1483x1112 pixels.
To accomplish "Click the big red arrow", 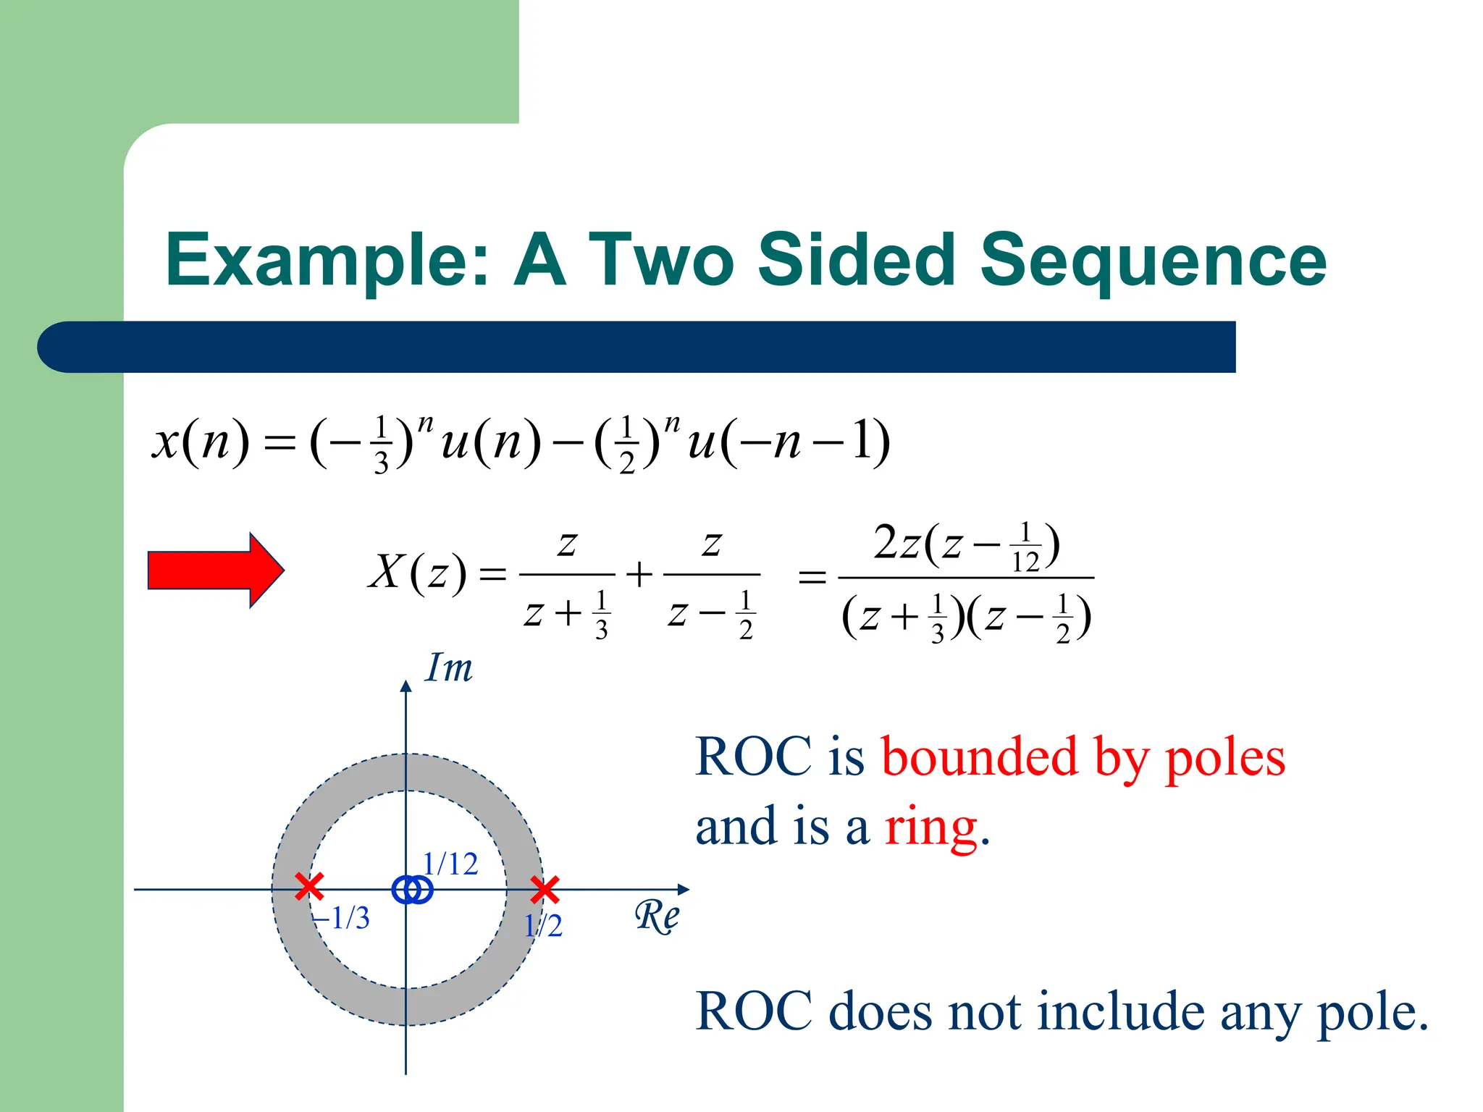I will coord(214,570).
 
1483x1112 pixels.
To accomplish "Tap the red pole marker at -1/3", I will coord(309,887).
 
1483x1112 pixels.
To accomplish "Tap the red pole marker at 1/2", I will coord(545,890).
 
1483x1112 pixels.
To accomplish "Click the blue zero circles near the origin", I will coord(412,890).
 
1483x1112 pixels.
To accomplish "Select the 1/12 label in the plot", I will coord(450,864).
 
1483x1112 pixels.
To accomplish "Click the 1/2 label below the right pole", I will coord(543,926).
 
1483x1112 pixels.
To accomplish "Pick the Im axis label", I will coord(449,667).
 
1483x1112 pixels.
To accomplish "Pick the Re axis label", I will coord(657,917).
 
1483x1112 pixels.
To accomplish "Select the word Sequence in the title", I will coord(1153,261).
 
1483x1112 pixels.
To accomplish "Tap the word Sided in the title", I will coord(857,261).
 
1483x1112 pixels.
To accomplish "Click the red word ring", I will coord(931,827).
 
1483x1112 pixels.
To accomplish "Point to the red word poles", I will coord(1224,758).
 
